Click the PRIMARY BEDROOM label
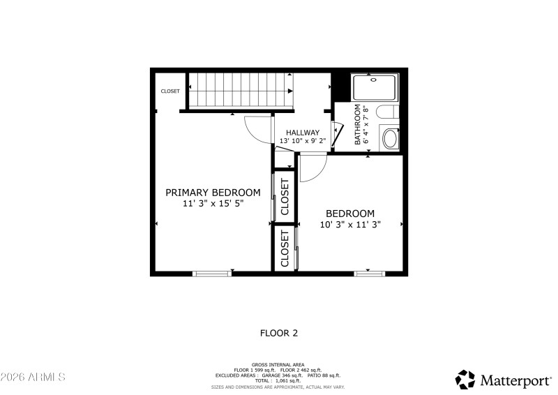[213, 193]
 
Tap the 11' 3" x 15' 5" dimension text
[213, 204]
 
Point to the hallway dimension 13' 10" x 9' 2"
[303, 141]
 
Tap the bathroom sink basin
[390, 138]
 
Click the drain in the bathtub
[374, 80]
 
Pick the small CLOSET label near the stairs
[170, 91]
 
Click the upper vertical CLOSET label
[285, 197]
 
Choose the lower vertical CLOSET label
[285, 249]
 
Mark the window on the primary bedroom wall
[212, 274]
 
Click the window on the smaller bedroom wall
[370, 274]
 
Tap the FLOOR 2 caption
[279, 334]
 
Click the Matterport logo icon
[465, 379]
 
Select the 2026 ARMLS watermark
[33, 377]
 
